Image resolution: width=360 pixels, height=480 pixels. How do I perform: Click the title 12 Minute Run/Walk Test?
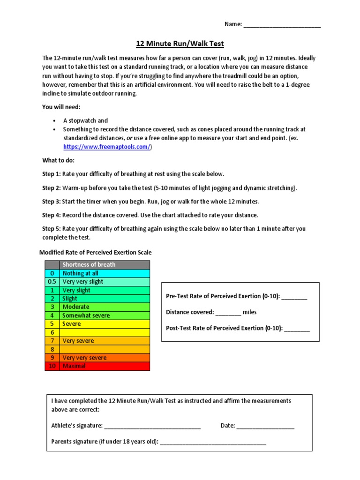click(x=180, y=44)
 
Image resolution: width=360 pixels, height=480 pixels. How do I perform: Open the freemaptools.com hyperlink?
click(x=107, y=147)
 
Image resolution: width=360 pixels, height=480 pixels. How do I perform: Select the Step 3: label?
click(x=51, y=202)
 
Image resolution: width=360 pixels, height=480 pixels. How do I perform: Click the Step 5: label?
click(x=51, y=229)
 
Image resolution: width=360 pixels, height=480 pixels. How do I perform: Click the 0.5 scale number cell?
click(x=52, y=282)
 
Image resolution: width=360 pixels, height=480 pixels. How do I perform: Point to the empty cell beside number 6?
click(x=105, y=332)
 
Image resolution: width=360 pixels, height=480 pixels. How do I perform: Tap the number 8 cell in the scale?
click(x=52, y=349)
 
